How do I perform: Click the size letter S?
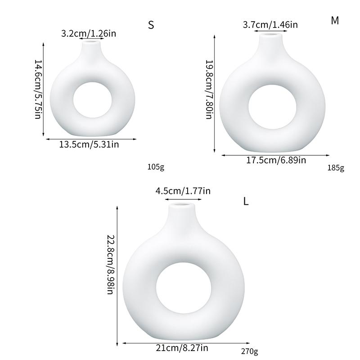pyautogui.click(x=151, y=25)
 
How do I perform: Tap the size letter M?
pyautogui.click(x=335, y=21)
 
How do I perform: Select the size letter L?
pyautogui.click(x=246, y=201)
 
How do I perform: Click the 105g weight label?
pyautogui.click(x=156, y=167)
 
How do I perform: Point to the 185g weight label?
pyautogui.click(x=336, y=168)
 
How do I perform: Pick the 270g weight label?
pyautogui.click(x=250, y=351)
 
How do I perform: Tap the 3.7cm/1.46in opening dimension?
pyautogui.click(x=270, y=25)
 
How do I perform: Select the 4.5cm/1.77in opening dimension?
pyautogui.click(x=183, y=191)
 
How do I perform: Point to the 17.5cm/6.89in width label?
pyautogui.click(x=276, y=160)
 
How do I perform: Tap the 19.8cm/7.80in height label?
pyautogui.click(x=209, y=90)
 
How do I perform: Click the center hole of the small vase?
pyautogui.click(x=93, y=100)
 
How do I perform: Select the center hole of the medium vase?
pyautogui.click(x=272, y=107)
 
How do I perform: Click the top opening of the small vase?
pyautogui.click(x=92, y=41)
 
